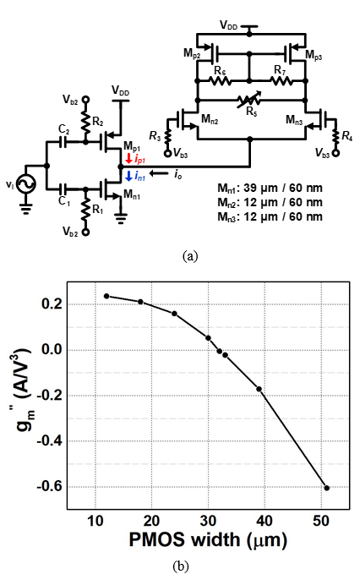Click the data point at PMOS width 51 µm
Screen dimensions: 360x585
[x=327, y=488]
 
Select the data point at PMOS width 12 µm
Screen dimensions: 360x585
[x=106, y=296]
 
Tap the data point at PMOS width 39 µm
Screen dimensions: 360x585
[x=259, y=389]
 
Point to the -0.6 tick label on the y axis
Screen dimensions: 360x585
[x=50, y=487]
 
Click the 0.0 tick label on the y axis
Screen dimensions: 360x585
[x=52, y=350]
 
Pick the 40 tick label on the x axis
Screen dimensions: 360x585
[x=265, y=521]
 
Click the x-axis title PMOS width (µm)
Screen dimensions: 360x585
[x=208, y=540]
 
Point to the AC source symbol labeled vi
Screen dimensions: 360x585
[x=27, y=184]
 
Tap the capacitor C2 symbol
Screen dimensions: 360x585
[x=64, y=142]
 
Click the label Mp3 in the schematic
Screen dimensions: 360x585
[x=314, y=55]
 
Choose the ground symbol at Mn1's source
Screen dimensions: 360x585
[x=121, y=218]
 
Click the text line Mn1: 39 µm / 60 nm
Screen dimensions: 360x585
[x=270, y=188]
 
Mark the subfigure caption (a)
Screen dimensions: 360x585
[x=190, y=256]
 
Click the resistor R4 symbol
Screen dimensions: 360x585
[x=336, y=137]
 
